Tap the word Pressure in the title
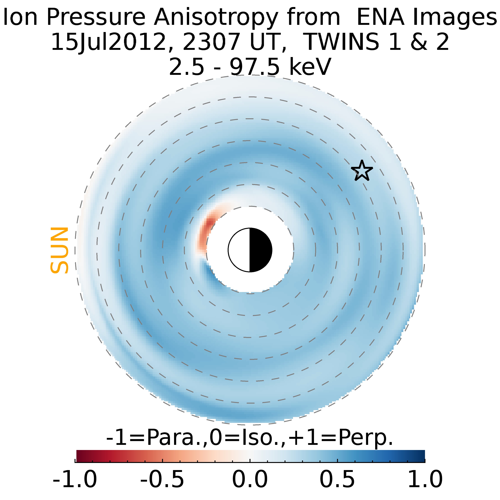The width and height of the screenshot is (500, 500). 96,18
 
